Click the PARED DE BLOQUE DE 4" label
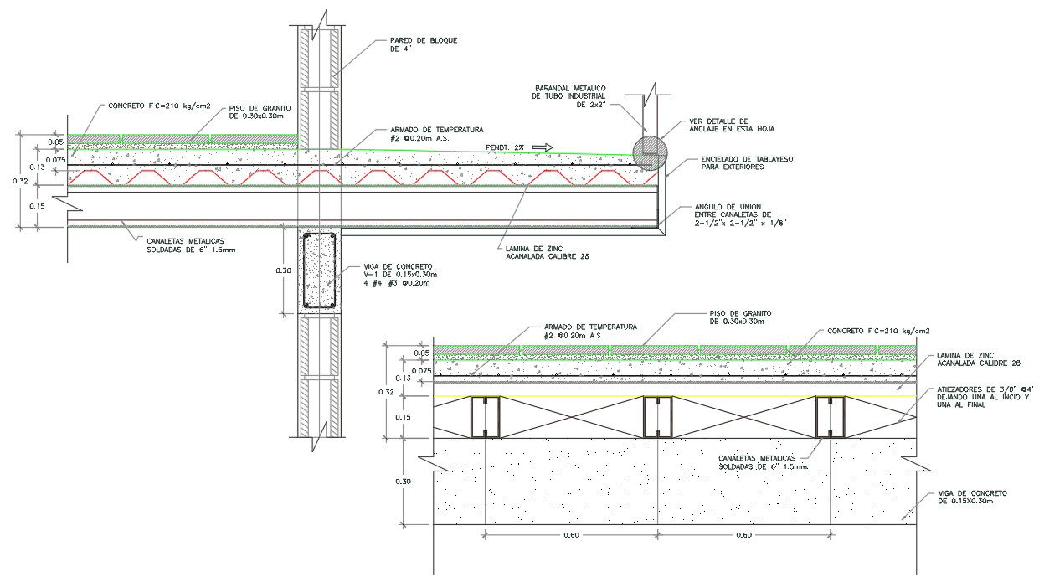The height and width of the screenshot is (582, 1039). pos(424,44)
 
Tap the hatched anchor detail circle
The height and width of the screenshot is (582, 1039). pos(650,153)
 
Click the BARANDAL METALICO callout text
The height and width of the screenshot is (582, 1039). pos(568,96)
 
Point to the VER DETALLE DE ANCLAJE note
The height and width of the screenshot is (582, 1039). pos(726,126)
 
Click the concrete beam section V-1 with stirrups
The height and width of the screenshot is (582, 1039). pos(319,271)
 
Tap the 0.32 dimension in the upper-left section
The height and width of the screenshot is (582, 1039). pos(26,178)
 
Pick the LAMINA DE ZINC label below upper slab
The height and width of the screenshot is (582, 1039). pos(542,253)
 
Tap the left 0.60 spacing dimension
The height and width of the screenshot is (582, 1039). pos(571,535)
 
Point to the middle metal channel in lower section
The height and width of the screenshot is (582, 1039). pos(657,417)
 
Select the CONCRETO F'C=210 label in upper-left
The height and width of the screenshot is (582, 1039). pos(158,107)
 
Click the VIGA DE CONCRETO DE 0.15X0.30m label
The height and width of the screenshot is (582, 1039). pos(970,497)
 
